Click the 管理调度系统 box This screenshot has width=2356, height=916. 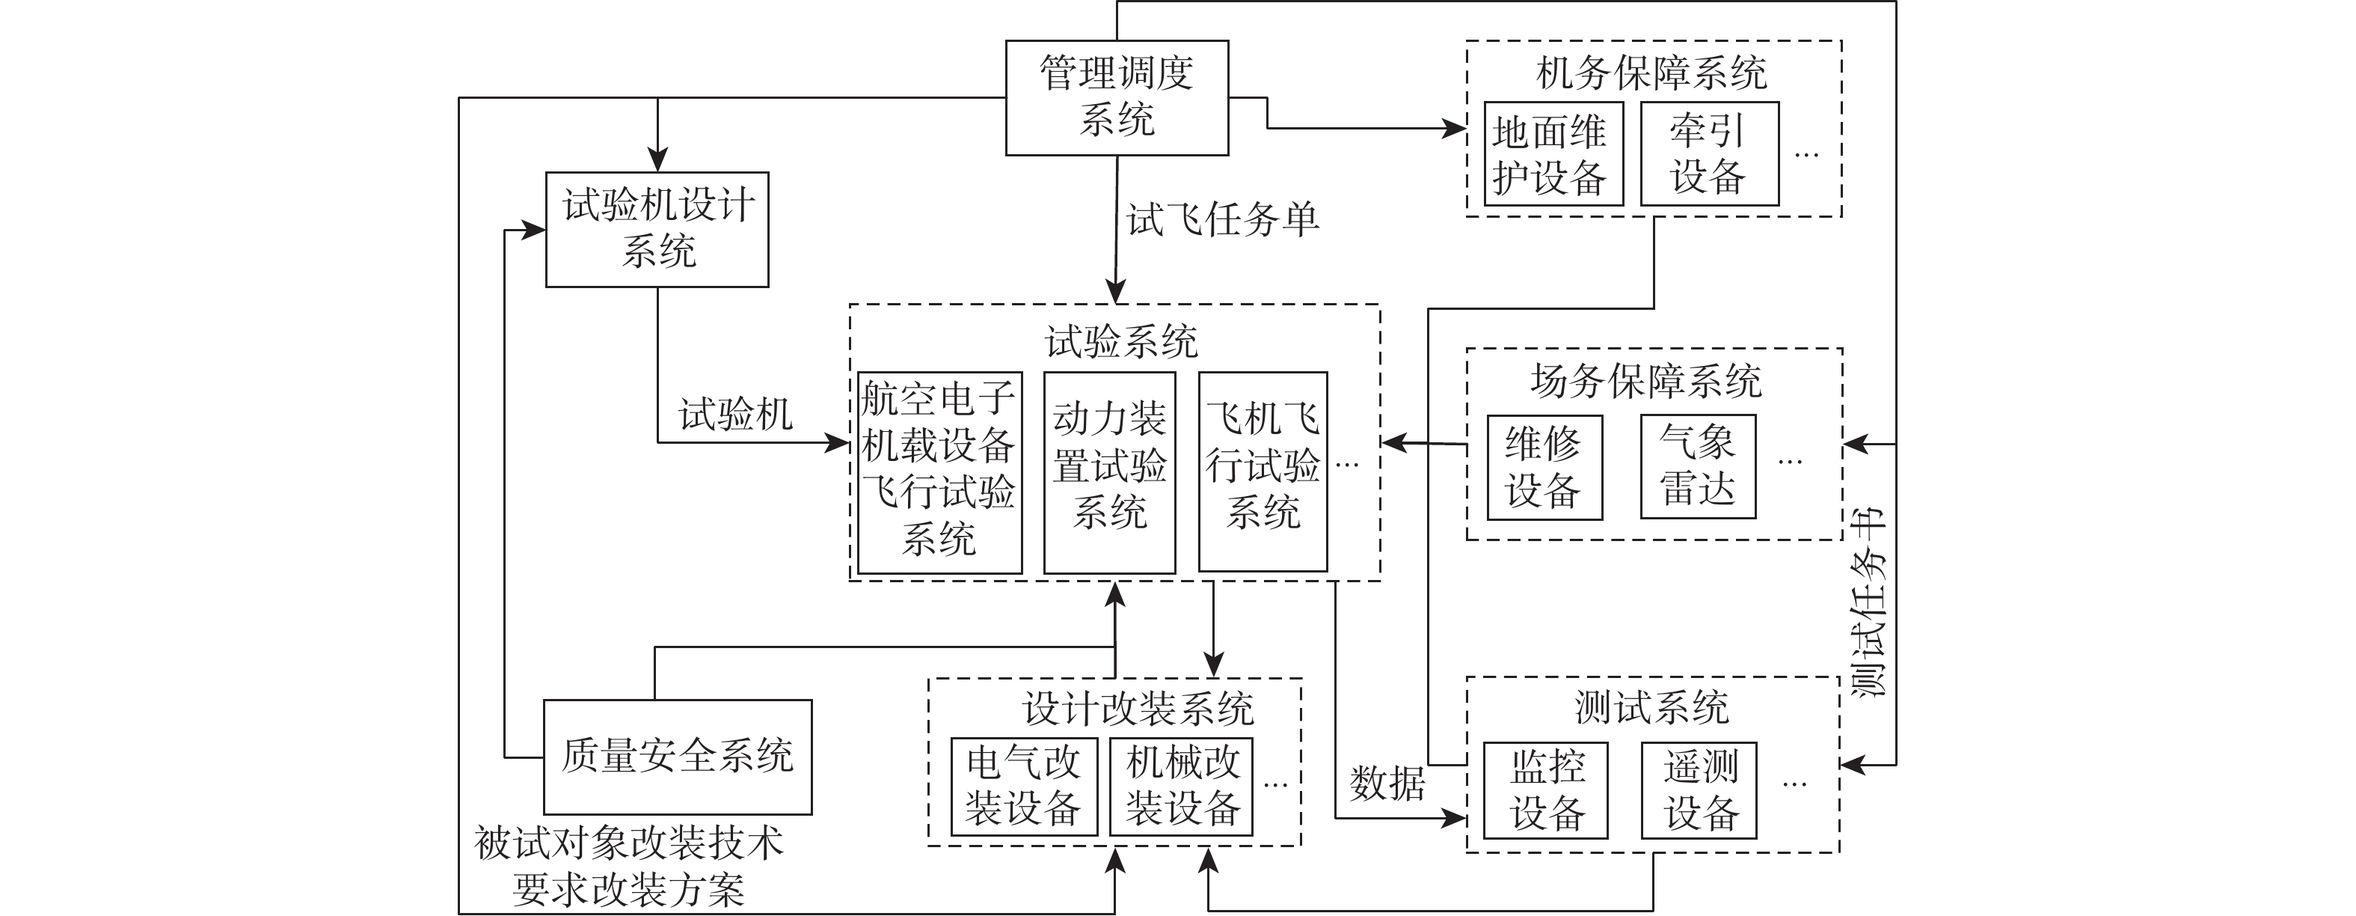(1116, 97)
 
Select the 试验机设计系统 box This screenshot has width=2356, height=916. (657, 229)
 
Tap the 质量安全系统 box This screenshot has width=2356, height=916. (677, 757)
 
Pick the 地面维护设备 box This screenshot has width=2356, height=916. (1552, 153)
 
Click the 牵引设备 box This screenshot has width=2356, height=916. (1708, 153)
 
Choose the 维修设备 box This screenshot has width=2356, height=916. (1544, 468)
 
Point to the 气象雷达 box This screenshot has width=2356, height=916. (1698, 467)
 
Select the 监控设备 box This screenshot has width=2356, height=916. (1546, 790)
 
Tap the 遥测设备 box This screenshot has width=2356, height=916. (1699, 790)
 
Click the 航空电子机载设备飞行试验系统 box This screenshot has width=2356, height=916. (939, 472)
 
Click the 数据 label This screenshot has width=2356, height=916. (1387, 784)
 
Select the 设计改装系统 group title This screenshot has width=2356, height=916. (1137, 708)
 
